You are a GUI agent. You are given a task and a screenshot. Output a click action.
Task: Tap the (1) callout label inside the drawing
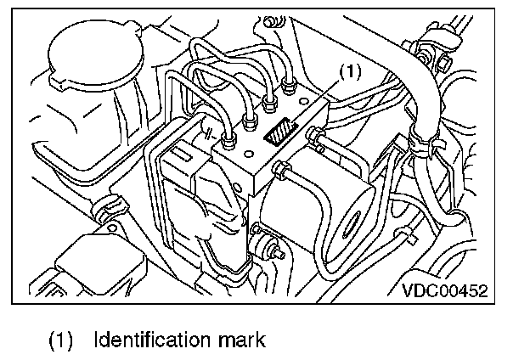351,73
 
